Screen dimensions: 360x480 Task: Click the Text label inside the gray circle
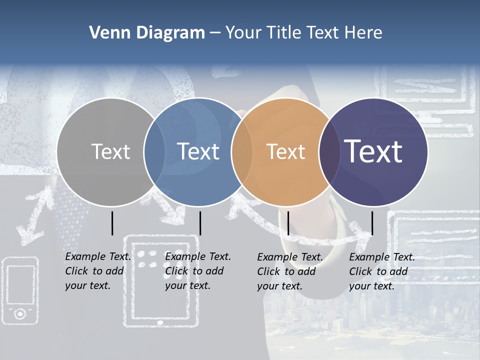point(110,151)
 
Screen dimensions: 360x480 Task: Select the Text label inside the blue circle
point(198,151)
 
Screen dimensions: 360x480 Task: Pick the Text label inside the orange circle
point(285,151)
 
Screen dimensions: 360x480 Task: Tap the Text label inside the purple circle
point(373,151)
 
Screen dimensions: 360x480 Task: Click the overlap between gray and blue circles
point(154,152)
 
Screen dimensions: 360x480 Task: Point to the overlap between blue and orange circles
point(242,152)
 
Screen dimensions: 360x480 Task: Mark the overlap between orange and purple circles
point(329,152)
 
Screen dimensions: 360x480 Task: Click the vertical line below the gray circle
point(112,223)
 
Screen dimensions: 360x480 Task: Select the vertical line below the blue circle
point(200,223)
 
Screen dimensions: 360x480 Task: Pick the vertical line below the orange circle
point(288,223)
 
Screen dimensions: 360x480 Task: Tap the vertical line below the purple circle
point(372,223)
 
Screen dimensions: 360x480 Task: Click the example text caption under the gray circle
point(97,271)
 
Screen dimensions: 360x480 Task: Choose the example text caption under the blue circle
point(197,271)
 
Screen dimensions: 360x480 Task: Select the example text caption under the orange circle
point(289,271)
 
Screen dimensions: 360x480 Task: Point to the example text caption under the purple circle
point(381,271)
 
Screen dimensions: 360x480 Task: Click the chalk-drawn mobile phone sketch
point(20,289)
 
